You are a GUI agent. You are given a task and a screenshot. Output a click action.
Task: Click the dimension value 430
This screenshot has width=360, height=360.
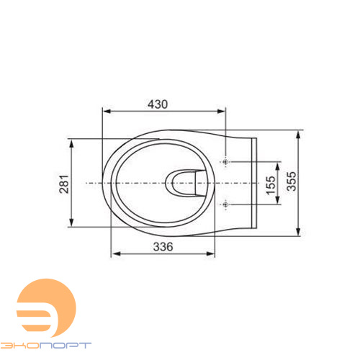click(158, 104)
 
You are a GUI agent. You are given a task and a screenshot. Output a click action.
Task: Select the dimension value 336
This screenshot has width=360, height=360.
click(163, 247)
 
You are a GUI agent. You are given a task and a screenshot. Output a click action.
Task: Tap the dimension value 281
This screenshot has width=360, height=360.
click(64, 184)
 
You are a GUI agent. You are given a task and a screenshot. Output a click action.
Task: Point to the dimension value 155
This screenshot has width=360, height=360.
click(271, 185)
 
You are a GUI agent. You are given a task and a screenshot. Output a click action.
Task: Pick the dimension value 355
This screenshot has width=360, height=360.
click(292, 181)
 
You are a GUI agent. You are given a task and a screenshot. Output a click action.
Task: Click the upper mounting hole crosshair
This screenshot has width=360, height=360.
click(225, 162)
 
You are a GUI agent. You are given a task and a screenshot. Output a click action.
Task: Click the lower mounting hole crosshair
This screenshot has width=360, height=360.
click(225, 204)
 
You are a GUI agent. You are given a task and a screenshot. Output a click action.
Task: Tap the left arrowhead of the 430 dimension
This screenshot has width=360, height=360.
click(107, 111)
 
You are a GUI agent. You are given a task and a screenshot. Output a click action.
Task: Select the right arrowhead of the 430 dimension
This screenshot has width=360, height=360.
click(221, 111)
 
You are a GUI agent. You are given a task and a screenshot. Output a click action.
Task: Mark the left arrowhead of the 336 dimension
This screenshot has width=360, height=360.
click(116, 253)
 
